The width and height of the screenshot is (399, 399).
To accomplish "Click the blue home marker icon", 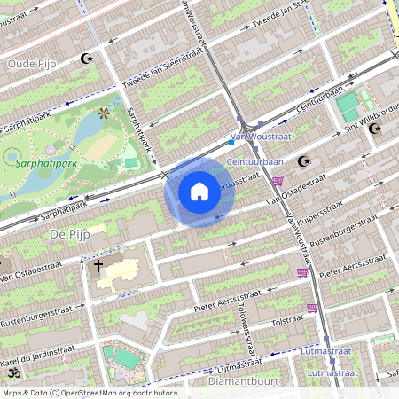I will coord(199,191).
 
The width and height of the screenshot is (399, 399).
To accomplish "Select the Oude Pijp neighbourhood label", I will coord(32,64).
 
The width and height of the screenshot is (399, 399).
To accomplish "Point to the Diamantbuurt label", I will coord(236,381).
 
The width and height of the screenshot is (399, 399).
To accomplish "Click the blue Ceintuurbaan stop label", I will coord(254,162).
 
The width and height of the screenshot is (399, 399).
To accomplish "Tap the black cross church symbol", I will coord(98,264).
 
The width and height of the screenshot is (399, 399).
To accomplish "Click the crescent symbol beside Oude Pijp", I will coord(86,59).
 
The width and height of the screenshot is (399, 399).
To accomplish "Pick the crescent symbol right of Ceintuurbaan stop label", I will coord(304,161).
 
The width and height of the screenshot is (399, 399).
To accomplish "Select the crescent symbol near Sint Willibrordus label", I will coord(375,129).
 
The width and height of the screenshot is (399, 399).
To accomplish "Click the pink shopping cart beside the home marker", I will coord(278,182).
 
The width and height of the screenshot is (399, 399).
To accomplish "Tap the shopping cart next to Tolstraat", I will coord(312,308).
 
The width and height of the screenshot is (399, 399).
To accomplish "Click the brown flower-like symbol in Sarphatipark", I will coord(105,113).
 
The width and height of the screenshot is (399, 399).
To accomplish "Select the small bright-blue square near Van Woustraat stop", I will coord(231,141).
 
